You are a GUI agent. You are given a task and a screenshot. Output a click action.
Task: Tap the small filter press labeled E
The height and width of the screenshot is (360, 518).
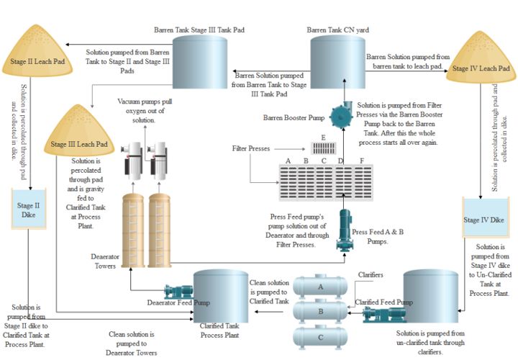[323, 148]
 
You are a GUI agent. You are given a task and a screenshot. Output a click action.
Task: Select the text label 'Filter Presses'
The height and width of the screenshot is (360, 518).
[251, 148]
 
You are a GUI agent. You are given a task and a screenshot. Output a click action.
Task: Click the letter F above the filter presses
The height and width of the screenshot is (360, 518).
[362, 160]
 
